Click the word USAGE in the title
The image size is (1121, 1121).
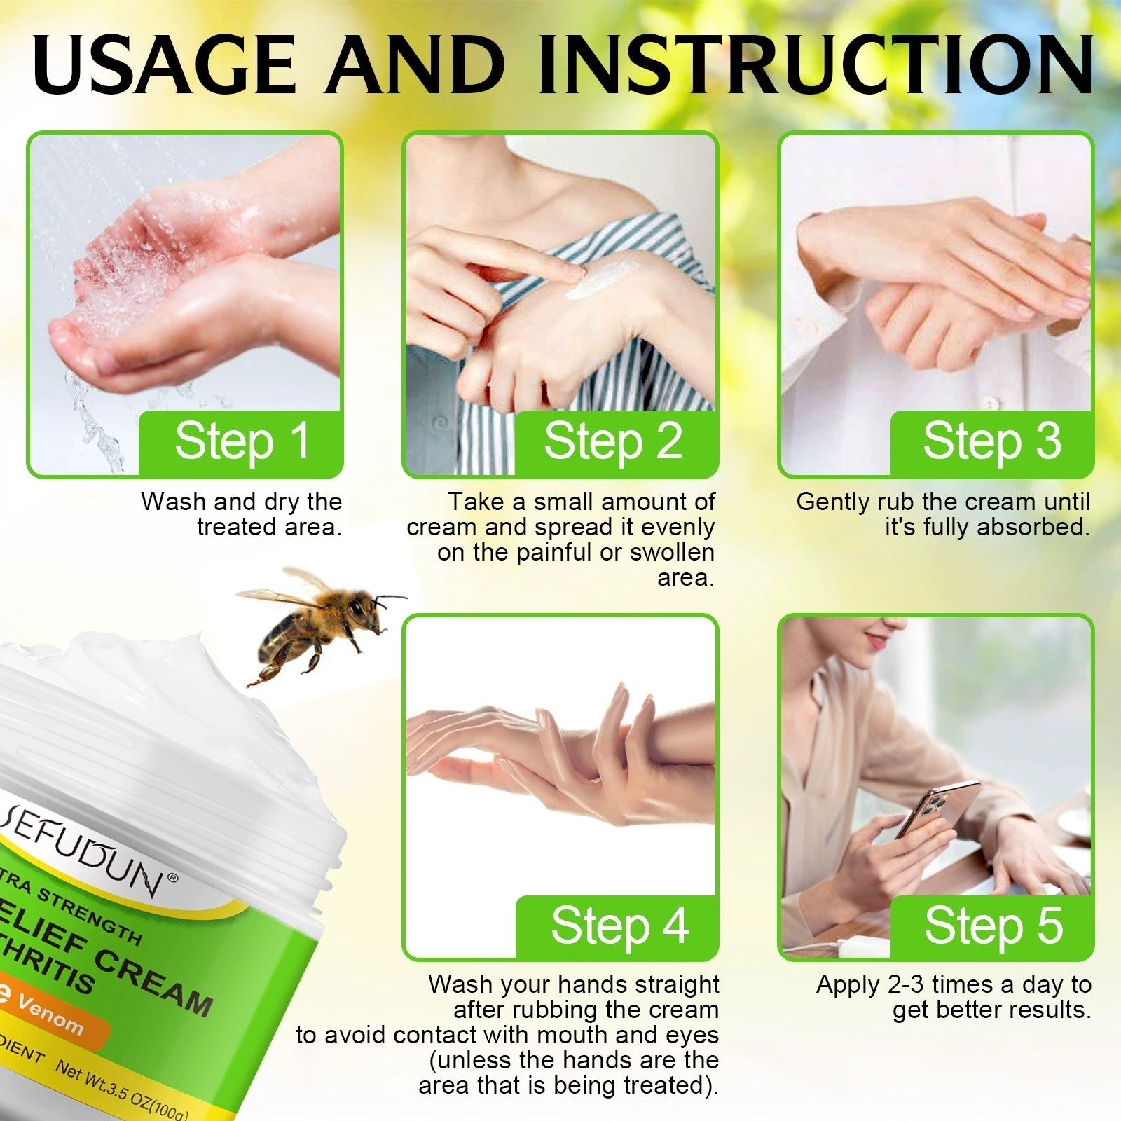(165, 64)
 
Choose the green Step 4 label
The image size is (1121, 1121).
(619, 926)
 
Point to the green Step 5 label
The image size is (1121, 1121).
(993, 926)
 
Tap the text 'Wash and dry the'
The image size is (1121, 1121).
(241, 502)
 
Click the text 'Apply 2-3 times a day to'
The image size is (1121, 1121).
(954, 984)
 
